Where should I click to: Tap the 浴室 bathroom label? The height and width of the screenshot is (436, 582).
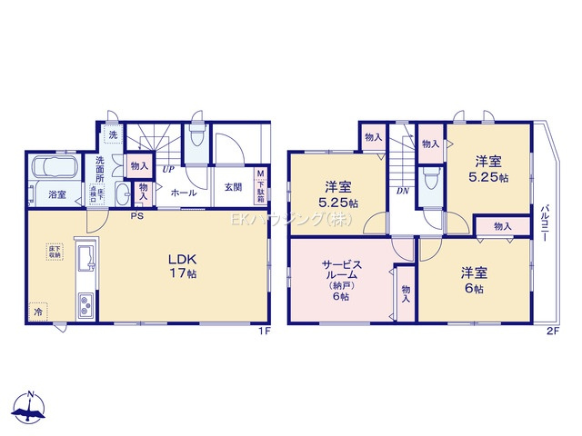(55, 193)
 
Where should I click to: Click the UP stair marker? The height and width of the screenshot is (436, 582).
(168, 169)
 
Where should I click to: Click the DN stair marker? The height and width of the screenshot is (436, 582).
(402, 191)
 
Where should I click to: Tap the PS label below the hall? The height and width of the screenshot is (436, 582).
(135, 216)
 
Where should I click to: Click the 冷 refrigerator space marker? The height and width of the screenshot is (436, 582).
(38, 310)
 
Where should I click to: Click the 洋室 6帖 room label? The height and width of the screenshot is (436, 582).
(470, 277)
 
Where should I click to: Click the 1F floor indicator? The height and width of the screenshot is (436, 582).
(264, 331)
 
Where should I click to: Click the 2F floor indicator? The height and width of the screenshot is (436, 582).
(551, 331)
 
